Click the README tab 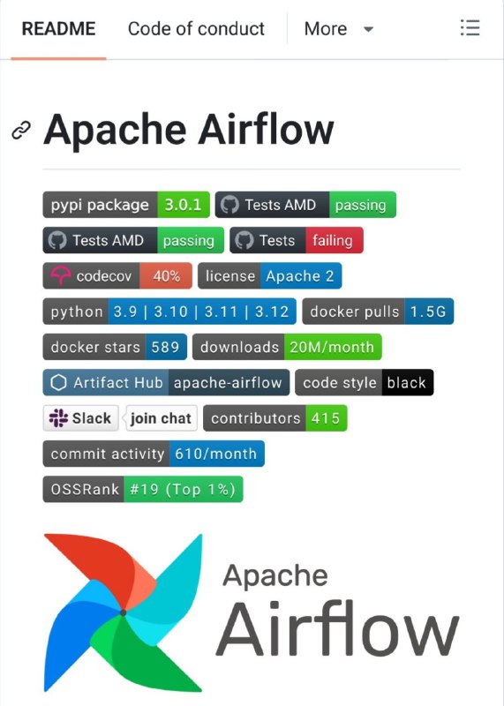pyautogui.click(x=58, y=29)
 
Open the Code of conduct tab pyautogui.click(x=196, y=29)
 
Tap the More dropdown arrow pyautogui.click(x=368, y=30)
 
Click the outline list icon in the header pyautogui.click(x=470, y=28)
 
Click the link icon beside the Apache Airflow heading pyautogui.click(x=21, y=131)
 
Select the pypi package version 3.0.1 pyautogui.click(x=183, y=205)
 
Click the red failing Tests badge pyautogui.click(x=335, y=240)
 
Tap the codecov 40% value pyautogui.click(x=166, y=276)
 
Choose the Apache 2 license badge pyautogui.click(x=300, y=276)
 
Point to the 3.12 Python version pyautogui.click(x=272, y=312)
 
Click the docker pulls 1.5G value pyautogui.click(x=428, y=312)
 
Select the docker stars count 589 pyautogui.click(x=165, y=347)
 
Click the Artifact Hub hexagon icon pyautogui.click(x=58, y=383)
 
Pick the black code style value pyautogui.click(x=407, y=383)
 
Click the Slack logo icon pyautogui.click(x=58, y=418)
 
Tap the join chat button pyautogui.click(x=162, y=418)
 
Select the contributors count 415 pyautogui.click(x=326, y=418)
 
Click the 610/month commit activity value pyautogui.click(x=216, y=454)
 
